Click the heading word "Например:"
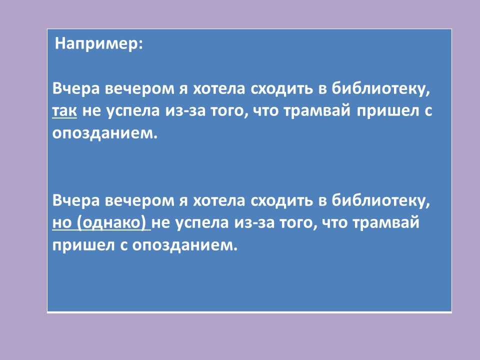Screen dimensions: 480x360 point(99,44)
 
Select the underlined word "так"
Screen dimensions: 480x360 point(64,111)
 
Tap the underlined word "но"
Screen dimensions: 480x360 point(62,222)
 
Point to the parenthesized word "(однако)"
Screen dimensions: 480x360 point(111,222)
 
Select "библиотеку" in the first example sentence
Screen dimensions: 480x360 point(381,89)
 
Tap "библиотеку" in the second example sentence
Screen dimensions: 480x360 point(381,200)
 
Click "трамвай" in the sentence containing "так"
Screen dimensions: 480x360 point(316,111)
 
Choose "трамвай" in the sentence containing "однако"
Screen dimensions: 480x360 point(385,222)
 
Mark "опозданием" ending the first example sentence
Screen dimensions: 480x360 point(104,133)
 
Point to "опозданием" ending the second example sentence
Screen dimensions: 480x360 point(184,245)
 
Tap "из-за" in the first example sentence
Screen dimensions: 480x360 point(185,111)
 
